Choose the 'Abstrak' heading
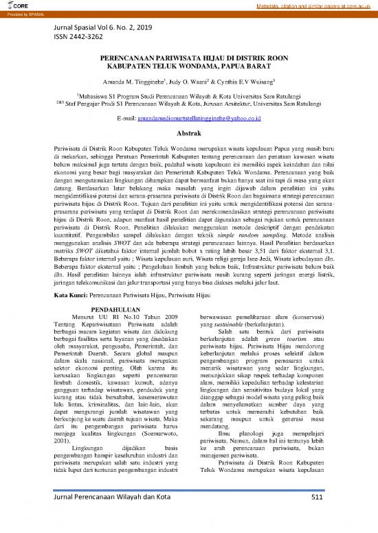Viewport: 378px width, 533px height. pos(189,134)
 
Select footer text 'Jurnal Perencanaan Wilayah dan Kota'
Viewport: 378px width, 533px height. pos(113,517)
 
